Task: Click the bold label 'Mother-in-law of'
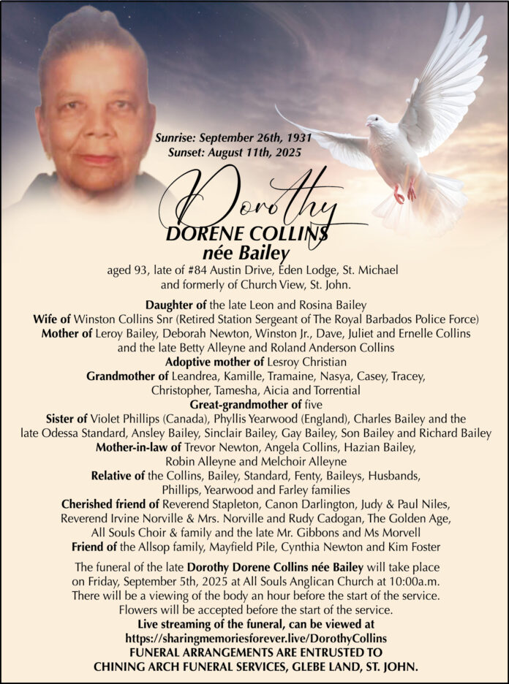click(139, 447)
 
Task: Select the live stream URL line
click(254, 638)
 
